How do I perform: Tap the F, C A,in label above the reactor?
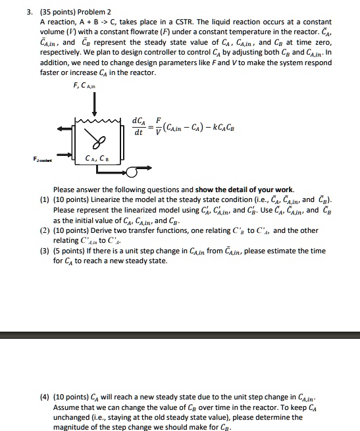[85, 85]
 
